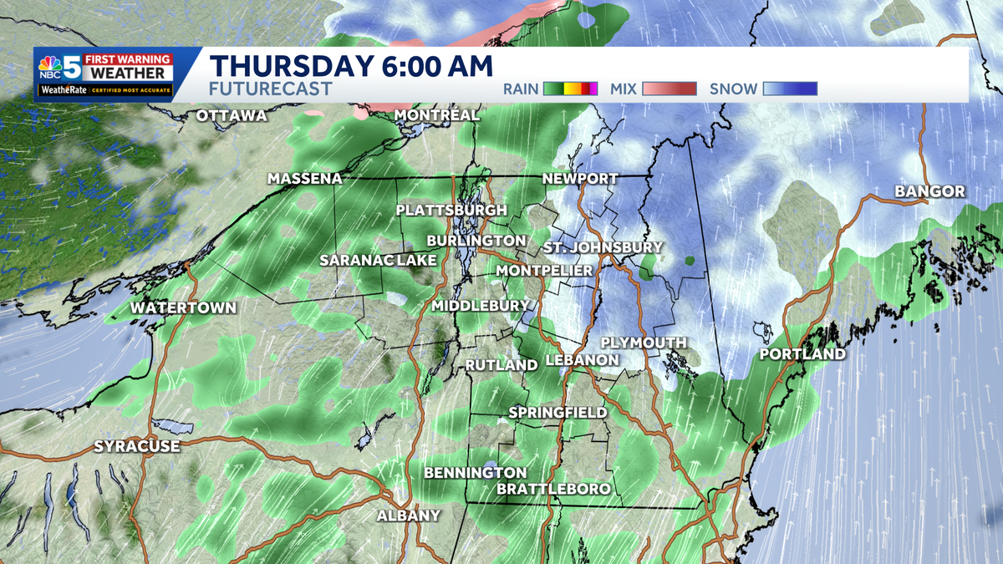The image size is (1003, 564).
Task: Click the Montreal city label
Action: [436, 114]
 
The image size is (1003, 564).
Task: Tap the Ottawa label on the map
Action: [232, 116]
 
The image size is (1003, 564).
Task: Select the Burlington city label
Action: [476, 241]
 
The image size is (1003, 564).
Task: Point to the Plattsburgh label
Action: [451, 210]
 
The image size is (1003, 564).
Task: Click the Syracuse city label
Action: [136, 446]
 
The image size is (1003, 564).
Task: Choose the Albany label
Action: [408, 516]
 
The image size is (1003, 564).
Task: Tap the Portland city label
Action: [802, 354]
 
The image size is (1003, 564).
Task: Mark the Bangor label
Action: [929, 192]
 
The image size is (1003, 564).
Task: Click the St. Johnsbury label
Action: [603, 247]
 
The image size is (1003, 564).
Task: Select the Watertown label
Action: [183, 307]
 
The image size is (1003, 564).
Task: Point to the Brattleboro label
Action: [553, 489]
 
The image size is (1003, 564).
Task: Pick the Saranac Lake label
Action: [378, 261]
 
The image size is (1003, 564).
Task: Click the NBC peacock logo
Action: [50, 68]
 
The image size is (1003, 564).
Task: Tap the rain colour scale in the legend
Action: [570, 89]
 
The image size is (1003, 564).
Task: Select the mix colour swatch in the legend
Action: [670, 89]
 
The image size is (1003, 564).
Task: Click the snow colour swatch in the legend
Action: [790, 89]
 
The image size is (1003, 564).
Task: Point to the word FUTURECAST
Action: [271, 89]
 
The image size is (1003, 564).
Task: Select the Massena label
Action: [304, 179]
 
